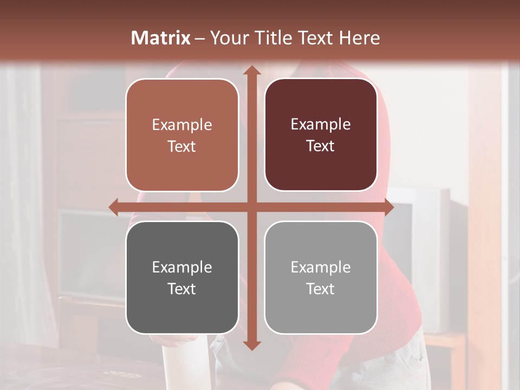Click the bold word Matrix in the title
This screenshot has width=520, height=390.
tap(161, 38)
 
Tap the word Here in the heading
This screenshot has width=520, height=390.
tap(359, 38)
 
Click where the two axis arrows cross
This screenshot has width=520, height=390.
tap(251, 207)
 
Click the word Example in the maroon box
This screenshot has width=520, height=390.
tap(321, 125)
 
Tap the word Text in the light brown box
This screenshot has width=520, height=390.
tap(182, 147)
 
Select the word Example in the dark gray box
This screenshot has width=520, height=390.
tap(182, 267)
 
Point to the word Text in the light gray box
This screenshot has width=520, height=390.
tap(321, 289)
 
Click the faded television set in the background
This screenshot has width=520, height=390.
tap(428, 255)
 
